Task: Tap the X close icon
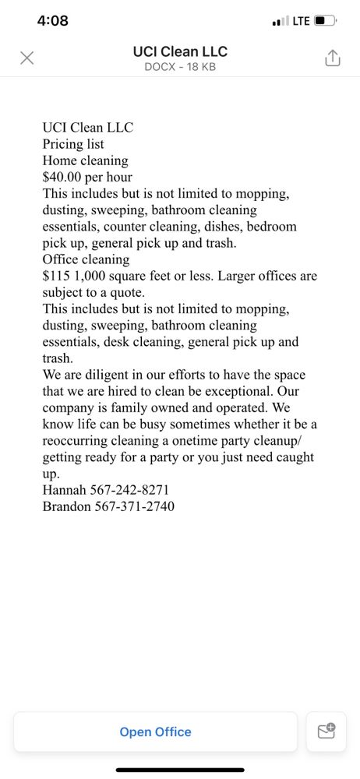point(26,58)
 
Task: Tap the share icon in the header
point(333,58)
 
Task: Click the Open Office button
point(155,731)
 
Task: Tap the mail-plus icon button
point(326,731)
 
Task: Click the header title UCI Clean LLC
point(180,51)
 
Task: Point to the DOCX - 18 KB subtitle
point(180,67)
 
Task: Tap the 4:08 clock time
point(53,21)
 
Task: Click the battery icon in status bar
point(324,21)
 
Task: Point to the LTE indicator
point(300,21)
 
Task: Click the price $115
point(57,276)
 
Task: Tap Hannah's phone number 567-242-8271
point(131,490)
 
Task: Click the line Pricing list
point(73,144)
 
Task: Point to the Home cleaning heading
point(85,160)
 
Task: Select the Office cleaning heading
point(86,259)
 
